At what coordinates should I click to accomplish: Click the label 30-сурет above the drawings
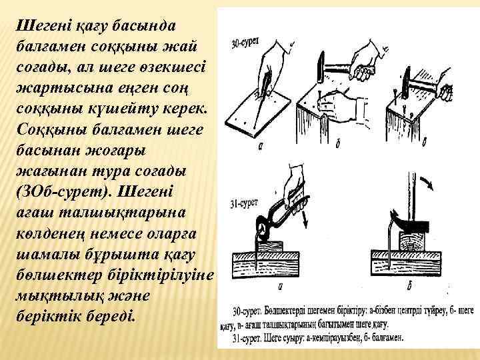(x=245, y=43)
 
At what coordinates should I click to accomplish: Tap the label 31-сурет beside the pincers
(x=244, y=203)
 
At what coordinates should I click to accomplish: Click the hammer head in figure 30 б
(x=321, y=67)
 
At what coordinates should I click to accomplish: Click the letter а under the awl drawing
(x=261, y=146)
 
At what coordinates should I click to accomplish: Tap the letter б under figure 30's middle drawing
(x=337, y=144)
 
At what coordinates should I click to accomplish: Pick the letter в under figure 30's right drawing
(x=425, y=143)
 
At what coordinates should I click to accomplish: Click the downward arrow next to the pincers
(x=304, y=218)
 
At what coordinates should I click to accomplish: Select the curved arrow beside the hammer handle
(x=427, y=182)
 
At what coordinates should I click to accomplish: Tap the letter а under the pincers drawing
(x=280, y=286)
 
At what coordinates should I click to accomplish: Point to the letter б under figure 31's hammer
(x=409, y=285)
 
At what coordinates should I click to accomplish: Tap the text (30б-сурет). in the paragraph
(x=64, y=192)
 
